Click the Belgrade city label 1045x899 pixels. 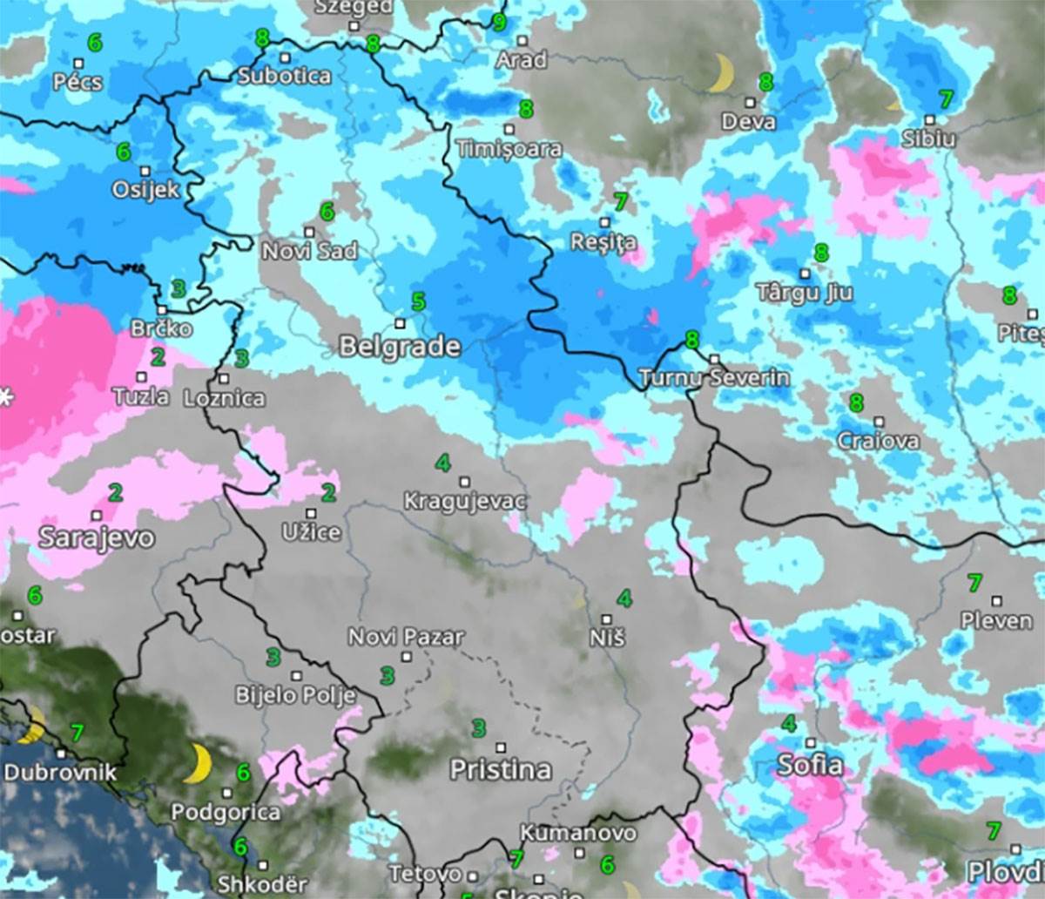[x=400, y=347]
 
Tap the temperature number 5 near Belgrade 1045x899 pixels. [x=418, y=302]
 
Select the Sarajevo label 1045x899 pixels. [x=96, y=537]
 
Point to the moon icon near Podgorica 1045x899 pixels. [x=199, y=764]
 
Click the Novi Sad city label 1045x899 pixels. [x=310, y=251]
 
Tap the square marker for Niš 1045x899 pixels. [x=607, y=619]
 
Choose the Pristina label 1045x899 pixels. [x=501, y=770]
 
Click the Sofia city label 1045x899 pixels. [x=810, y=766]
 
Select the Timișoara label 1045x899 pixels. [x=509, y=149]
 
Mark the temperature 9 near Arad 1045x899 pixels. [x=499, y=21]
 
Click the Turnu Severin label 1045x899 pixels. [x=714, y=378]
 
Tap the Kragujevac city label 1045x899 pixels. [x=465, y=502]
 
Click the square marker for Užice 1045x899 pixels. [x=311, y=513]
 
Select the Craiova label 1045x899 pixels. [x=878, y=441]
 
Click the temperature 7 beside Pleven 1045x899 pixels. [x=974, y=582]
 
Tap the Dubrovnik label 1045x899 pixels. [x=59, y=773]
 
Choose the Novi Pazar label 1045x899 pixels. [x=406, y=637]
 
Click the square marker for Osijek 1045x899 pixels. [x=145, y=171]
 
